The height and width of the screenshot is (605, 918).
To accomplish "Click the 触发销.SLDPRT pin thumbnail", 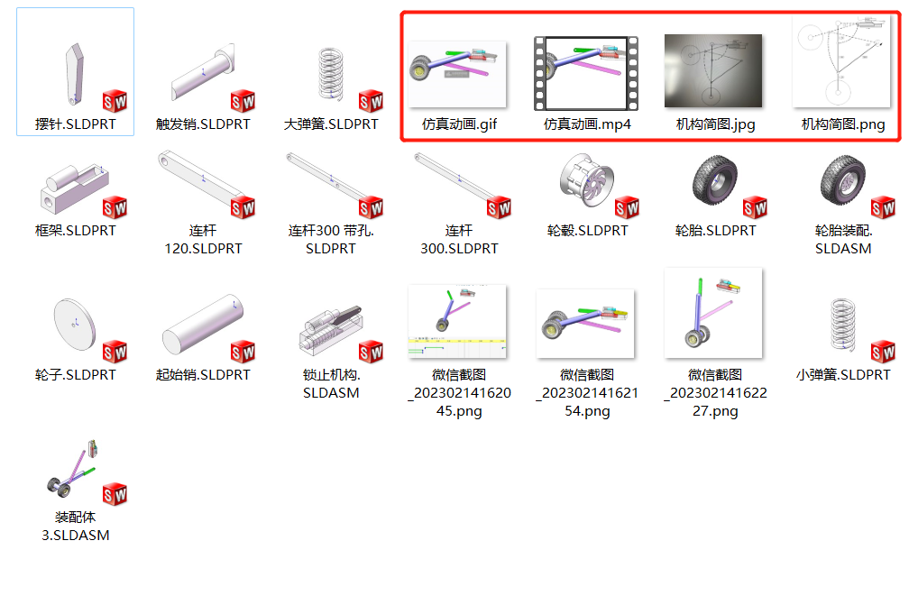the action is (203, 72).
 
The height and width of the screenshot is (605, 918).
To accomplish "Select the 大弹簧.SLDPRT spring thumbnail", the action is (331, 74).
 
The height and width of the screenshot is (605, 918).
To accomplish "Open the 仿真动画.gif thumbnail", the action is (457, 74).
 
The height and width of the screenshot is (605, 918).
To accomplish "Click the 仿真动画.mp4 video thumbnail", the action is (586, 74).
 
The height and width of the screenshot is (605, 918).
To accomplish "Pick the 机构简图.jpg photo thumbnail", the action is (713, 71).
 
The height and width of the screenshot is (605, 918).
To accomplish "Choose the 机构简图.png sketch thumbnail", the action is (841, 60).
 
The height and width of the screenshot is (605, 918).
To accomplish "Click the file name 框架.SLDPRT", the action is (76, 231).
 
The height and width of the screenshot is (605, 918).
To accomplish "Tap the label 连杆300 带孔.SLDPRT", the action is (331, 239).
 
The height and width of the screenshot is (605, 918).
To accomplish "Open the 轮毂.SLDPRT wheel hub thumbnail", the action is (586, 180).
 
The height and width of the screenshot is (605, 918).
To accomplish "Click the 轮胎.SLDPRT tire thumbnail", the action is (714, 179).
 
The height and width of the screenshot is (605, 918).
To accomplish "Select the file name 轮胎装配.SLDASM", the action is (843, 239).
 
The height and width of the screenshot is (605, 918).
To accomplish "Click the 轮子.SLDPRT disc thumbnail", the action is (74, 325).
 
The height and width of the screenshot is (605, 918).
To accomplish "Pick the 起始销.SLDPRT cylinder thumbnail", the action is (203, 325).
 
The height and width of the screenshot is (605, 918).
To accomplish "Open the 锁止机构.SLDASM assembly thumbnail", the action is (331, 329).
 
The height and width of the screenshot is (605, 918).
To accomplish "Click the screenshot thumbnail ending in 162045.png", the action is (457, 321).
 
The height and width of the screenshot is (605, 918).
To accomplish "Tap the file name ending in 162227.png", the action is (715, 392).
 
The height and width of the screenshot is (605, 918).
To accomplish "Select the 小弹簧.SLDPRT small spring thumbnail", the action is (842, 325).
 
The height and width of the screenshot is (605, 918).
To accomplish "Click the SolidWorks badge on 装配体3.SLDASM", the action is (115, 494).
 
